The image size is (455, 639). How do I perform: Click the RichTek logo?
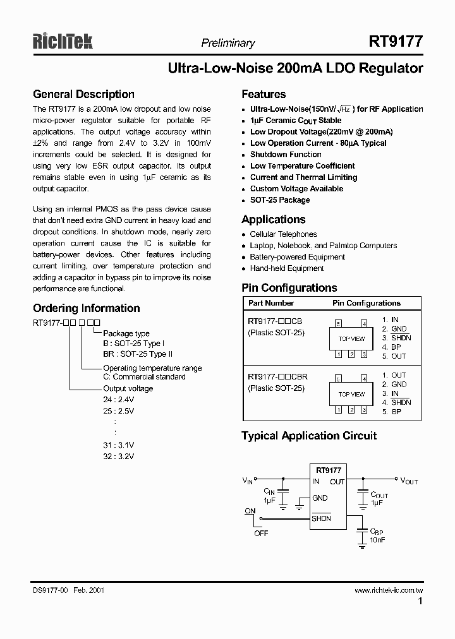point(63,42)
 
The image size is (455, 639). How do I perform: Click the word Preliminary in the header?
point(227,43)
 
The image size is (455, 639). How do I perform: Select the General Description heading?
point(83,94)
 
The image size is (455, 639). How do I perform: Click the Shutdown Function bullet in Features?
point(286,155)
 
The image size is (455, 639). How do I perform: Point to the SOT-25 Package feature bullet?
point(280,200)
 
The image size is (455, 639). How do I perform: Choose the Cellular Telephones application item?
point(283,234)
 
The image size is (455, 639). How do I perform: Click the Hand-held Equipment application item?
point(287,268)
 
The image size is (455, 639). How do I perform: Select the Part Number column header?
point(270,303)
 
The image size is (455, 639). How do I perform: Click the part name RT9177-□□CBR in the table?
point(277,377)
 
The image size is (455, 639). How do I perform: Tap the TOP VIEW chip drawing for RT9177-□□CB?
point(351,339)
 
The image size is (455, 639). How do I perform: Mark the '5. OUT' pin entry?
point(394,356)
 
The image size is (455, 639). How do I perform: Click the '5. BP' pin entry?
point(392,412)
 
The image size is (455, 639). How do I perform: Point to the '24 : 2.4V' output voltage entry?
point(119,399)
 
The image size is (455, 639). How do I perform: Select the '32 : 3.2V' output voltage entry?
point(119,456)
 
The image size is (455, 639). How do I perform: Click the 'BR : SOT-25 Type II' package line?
point(138,354)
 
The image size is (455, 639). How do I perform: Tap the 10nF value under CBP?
point(377,540)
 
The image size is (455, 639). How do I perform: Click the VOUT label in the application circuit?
point(409,481)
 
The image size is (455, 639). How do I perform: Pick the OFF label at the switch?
point(261,533)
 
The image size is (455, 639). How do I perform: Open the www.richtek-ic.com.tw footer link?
point(388,590)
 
